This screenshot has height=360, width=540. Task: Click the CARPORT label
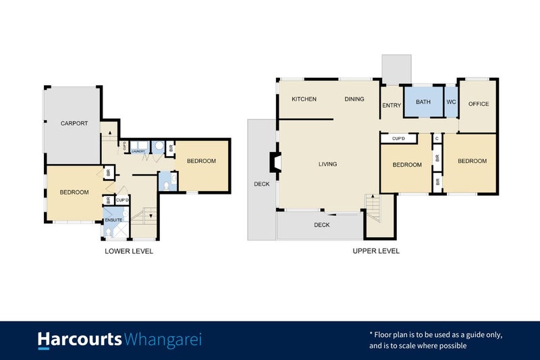pyautogui.click(x=74, y=123)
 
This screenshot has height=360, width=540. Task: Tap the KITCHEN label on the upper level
pyautogui.click(x=304, y=99)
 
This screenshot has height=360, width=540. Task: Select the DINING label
pyautogui.click(x=354, y=99)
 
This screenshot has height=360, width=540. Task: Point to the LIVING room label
pyautogui.click(x=328, y=164)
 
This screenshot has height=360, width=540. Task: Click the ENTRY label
pyautogui.click(x=391, y=105)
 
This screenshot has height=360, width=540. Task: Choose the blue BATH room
pyautogui.click(x=423, y=103)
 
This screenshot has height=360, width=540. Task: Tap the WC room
pyautogui.click(x=451, y=103)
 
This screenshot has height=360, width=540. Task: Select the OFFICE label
pyautogui.click(x=478, y=104)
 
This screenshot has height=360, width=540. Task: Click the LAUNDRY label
pyautogui.click(x=138, y=152)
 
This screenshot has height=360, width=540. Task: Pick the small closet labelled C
pyautogui.click(x=437, y=138)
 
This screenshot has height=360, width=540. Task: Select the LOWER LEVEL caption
pyautogui.click(x=129, y=251)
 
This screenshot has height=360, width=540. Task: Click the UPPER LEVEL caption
pyautogui.click(x=376, y=251)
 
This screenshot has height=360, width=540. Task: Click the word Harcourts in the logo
pyautogui.click(x=79, y=339)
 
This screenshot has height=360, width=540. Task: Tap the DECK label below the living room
pyautogui.click(x=322, y=225)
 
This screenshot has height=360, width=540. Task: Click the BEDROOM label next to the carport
pyautogui.click(x=74, y=192)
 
